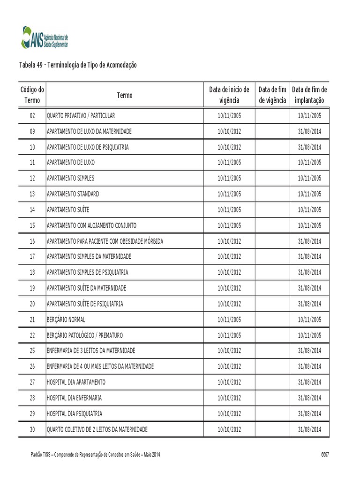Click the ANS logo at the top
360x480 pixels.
[45, 37]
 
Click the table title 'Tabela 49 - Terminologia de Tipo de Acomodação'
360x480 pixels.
[78, 65]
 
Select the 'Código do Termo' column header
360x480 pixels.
[32, 95]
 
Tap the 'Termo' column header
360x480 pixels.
[125, 95]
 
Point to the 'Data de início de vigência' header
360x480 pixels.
[229, 95]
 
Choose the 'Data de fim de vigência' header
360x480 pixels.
[272, 95]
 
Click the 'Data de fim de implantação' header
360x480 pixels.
[309, 95]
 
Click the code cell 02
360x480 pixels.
[32, 115]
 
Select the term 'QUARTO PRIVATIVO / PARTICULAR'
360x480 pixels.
[81, 115]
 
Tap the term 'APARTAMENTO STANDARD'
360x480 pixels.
[73, 194]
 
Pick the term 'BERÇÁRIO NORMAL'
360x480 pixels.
[66, 320]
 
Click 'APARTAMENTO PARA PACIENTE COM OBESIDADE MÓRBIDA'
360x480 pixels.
[105, 241]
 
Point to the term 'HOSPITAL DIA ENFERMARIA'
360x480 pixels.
[74, 398]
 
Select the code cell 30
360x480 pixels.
[32, 429]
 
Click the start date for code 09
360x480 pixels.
[229, 131]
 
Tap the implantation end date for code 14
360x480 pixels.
[309, 210]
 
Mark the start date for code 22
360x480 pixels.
[229, 336]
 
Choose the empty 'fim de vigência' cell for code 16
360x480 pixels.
[272, 241]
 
